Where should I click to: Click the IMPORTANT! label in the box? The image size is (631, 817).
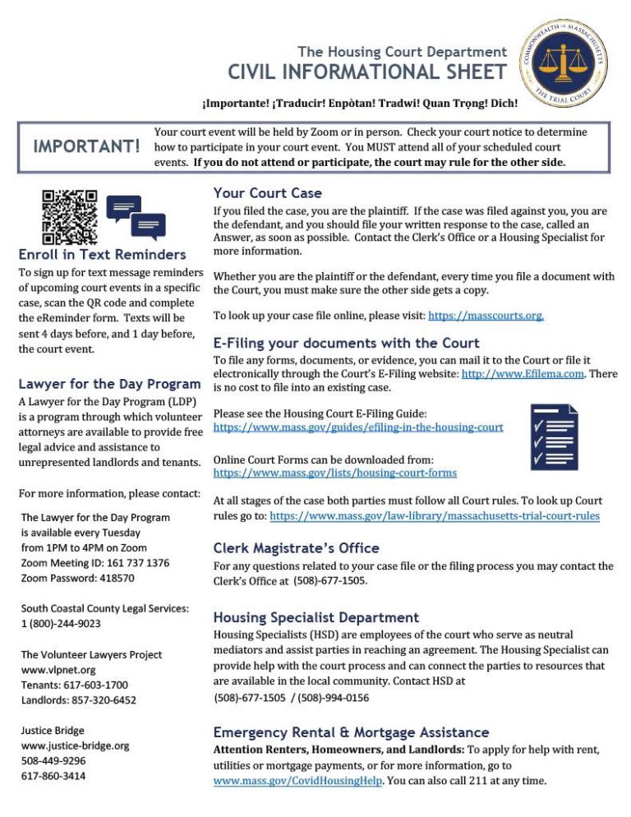[86, 146]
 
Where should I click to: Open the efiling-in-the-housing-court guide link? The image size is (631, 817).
[358, 427]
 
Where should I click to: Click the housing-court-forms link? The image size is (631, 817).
[335, 473]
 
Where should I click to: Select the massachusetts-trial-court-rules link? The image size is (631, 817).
[435, 516]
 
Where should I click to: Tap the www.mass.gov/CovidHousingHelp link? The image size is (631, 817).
[297, 781]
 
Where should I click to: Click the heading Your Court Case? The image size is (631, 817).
[268, 193]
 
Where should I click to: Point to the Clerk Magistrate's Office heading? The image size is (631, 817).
[296, 548]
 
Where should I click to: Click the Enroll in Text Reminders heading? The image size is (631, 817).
[103, 255]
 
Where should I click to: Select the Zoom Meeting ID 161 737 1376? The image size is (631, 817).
[95, 563]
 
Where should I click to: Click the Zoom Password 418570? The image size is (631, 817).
[78, 578]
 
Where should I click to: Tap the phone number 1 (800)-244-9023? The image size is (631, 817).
[62, 624]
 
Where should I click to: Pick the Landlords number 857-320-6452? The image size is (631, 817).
[79, 700]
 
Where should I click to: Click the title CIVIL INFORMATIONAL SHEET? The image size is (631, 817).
[367, 72]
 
